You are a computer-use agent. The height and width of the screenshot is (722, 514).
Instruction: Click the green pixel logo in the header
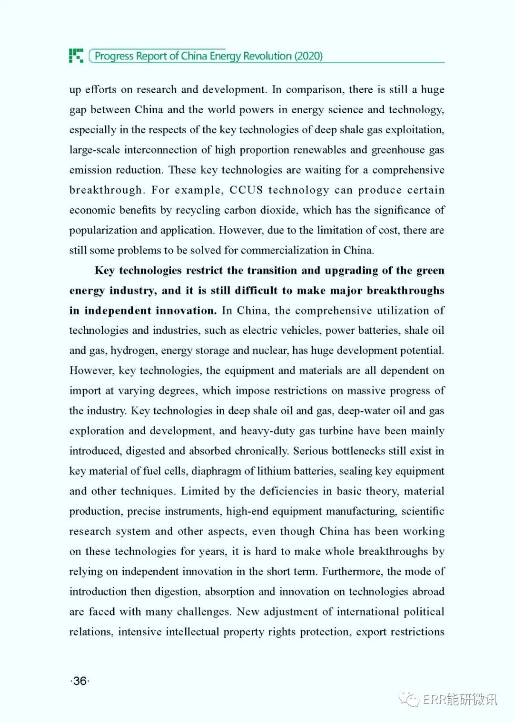coord(76,56)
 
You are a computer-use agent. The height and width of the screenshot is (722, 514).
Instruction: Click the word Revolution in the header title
coord(267,56)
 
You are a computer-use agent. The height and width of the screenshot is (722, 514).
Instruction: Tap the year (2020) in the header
coord(308,56)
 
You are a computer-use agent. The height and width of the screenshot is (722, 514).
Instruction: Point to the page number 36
coord(80,681)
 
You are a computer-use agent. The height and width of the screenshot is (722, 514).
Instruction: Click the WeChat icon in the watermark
coord(409,699)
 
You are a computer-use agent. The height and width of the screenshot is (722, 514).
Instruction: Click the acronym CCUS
coord(246,190)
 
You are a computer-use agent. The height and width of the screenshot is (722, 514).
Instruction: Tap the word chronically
coord(263,451)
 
